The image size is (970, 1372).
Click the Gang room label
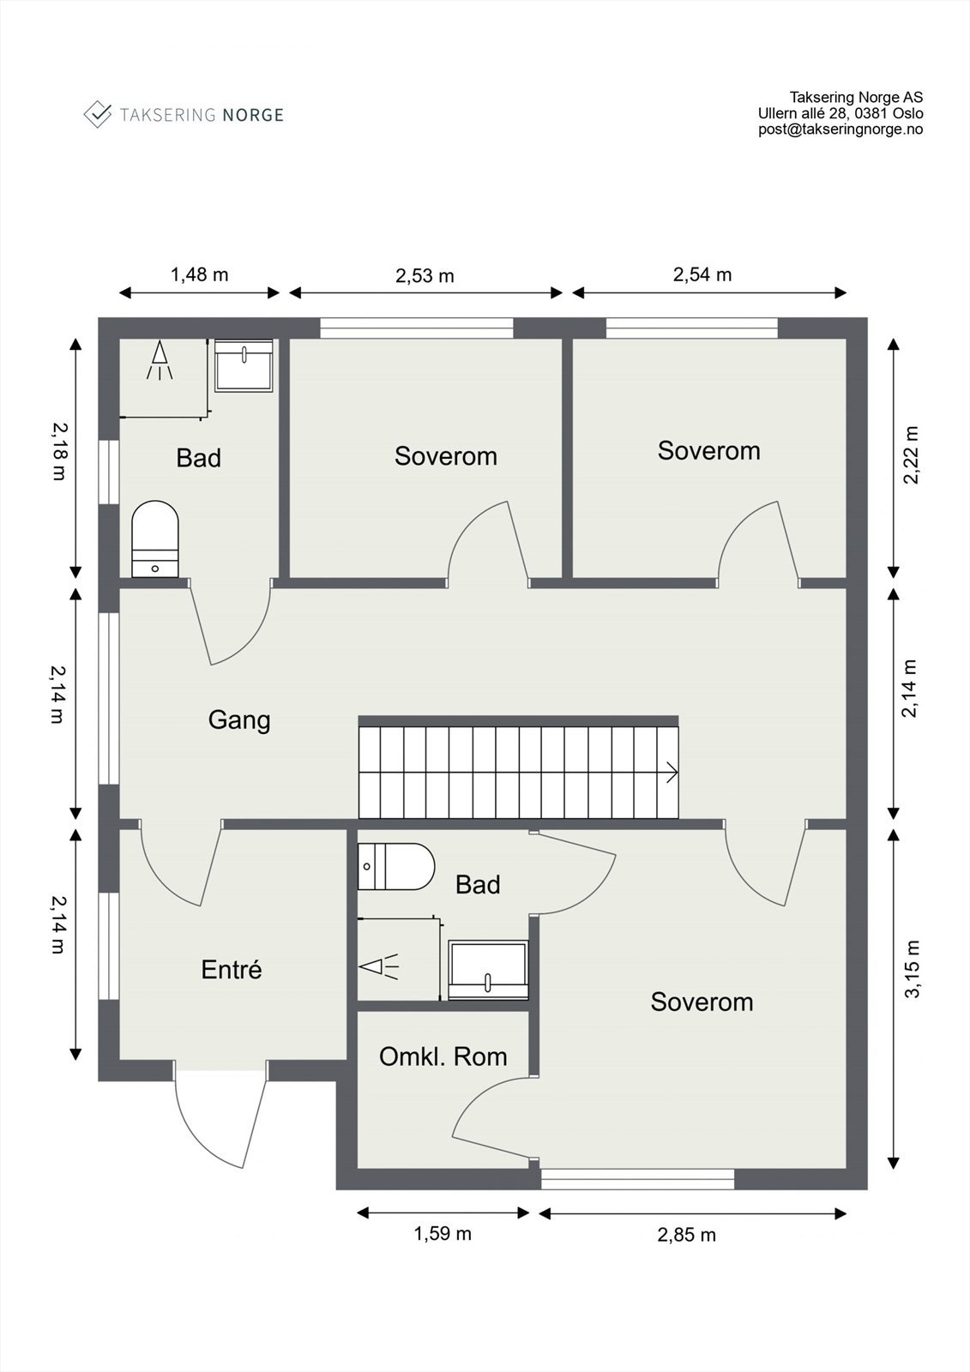pyautogui.click(x=239, y=719)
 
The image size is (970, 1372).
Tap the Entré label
pyautogui.click(x=232, y=970)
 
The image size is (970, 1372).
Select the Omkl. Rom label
pyautogui.click(x=443, y=1056)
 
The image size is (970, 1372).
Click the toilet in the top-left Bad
pyautogui.click(x=155, y=539)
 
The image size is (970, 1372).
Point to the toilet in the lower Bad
pyautogui.click(x=396, y=866)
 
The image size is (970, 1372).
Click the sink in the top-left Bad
pyautogui.click(x=244, y=365)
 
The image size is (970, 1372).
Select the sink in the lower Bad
pyautogui.click(x=488, y=970)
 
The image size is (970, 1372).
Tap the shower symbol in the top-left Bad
pyautogui.click(x=160, y=360)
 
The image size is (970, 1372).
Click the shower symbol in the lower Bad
pyautogui.click(x=379, y=966)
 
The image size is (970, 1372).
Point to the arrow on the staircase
pyautogui.click(x=672, y=773)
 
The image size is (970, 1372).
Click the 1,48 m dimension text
pyautogui.click(x=199, y=274)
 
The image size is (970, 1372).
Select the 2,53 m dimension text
pyautogui.click(x=425, y=275)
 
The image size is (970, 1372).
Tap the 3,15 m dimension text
pyautogui.click(x=913, y=969)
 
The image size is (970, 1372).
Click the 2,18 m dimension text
pyautogui.click(x=59, y=452)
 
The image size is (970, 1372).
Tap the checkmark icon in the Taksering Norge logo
pyautogui.click(x=98, y=115)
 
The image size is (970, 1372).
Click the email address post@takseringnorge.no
pyautogui.click(x=840, y=129)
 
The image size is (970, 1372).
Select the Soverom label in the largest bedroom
pyautogui.click(x=702, y=1002)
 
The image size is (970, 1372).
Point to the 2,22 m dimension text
pyautogui.click(x=912, y=455)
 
